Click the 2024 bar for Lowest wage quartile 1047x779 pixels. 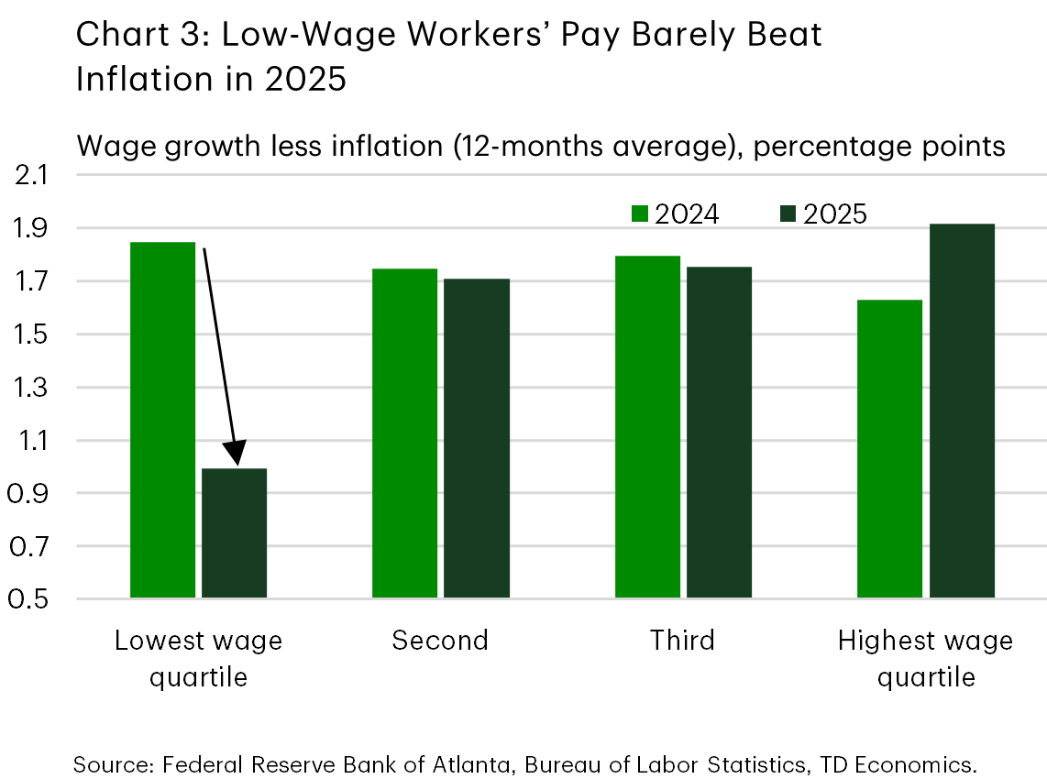162,420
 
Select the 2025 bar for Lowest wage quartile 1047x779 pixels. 234,533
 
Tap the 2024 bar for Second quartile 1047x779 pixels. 404,433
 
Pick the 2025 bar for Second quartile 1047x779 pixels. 476,438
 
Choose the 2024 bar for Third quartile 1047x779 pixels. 647,427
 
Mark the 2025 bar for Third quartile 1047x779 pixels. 719,433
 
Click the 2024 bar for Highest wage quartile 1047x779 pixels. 889,449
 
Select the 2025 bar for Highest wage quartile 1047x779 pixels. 961,411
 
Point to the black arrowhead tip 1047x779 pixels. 237,465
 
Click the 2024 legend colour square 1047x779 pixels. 641,214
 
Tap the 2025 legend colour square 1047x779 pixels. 788,214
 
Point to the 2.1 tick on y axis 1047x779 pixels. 33,175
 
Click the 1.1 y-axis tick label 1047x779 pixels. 33,441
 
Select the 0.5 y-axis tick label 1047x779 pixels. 33,600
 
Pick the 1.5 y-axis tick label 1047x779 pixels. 33,335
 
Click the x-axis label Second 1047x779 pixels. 440,640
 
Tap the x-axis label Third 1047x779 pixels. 682,640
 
